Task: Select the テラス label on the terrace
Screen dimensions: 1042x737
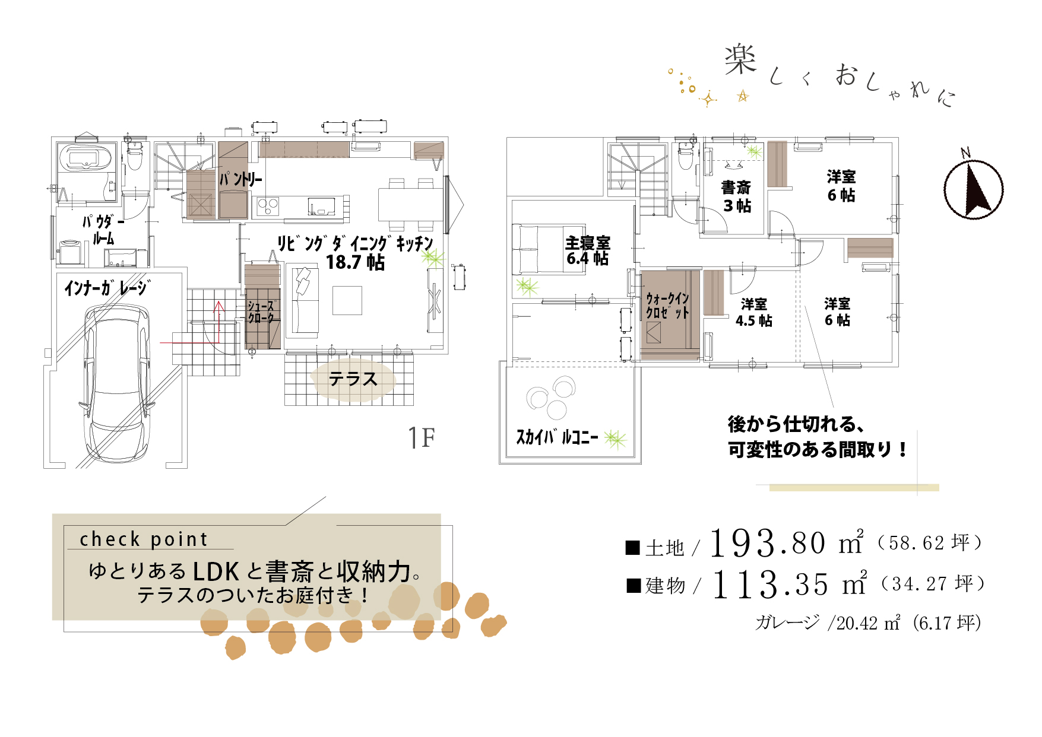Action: pos(353,379)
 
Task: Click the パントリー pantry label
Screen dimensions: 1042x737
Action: pos(241,179)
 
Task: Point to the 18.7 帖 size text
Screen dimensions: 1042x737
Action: pos(355,262)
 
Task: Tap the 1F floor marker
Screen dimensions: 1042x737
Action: pos(422,438)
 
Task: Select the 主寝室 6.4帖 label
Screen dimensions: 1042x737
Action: pos(588,251)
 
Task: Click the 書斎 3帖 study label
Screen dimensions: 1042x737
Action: pos(736,196)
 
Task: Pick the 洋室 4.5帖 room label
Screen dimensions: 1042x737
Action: pos(754,313)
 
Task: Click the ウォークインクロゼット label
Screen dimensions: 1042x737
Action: pos(667,306)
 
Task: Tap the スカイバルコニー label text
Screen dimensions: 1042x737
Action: pos(557,437)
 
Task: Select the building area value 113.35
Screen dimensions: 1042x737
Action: pos(770,584)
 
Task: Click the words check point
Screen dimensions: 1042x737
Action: pos(144,539)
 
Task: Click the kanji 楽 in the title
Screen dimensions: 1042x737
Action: pos(740,59)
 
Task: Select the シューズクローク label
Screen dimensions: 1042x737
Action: pos(262,312)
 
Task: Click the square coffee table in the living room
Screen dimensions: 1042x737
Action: pos(347,300)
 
